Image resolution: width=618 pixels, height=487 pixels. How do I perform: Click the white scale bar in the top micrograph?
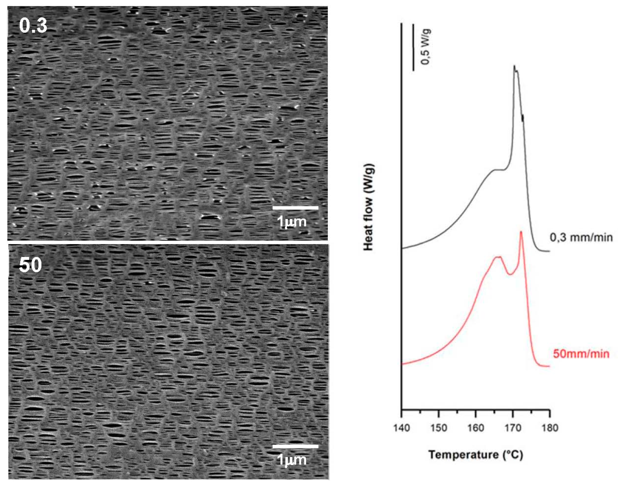(x=295, y=208)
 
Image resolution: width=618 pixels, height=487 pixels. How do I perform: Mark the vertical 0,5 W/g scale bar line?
(x=413, y=47)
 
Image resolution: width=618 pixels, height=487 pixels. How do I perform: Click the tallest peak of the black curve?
(x=514, y=74)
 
